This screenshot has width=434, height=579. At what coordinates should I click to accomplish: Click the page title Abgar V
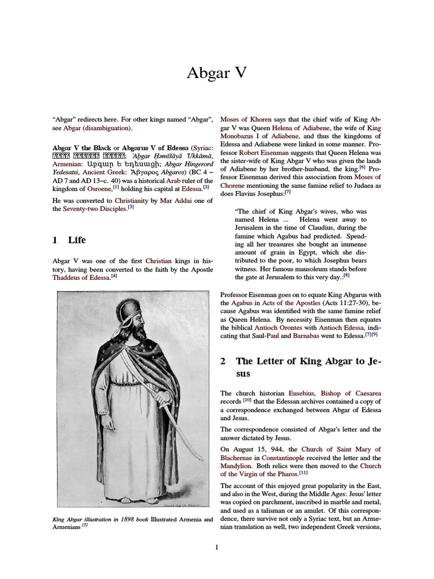[217, 74]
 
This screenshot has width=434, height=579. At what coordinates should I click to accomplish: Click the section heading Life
[76, 240]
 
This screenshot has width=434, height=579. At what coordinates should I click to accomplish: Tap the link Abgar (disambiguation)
[98, 128]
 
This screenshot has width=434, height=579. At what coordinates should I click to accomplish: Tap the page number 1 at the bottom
[216, 546]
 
